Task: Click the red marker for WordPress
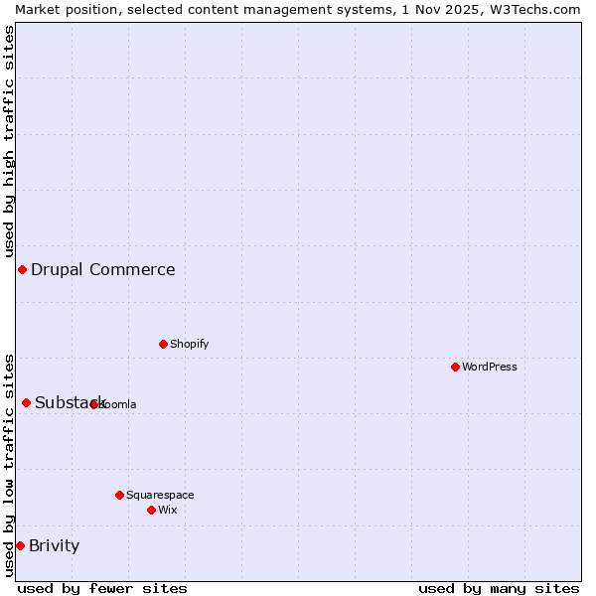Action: click(x=455, y=367)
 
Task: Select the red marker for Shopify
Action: click(x=163, y=344)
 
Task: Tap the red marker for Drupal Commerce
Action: click(x=22, y=269)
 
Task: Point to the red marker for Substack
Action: click(x=26, y=402)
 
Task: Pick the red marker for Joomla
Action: click(x=93, y=404)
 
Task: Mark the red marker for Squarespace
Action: click(x=119, y=495)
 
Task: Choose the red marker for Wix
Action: click(x=151, y=510)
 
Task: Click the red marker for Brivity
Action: click(x=20, y=545)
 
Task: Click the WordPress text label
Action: click(x=490, y=367)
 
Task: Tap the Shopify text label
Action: click(x=189, y=344)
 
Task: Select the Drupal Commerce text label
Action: click(x=102, y=269)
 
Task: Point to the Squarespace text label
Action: click(x=160, y=495)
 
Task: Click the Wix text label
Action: click(x=167, y=510)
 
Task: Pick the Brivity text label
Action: click(x=54, y=545)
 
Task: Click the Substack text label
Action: click(x=70, y=402)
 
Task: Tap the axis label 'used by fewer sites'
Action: click(x=102, y=588)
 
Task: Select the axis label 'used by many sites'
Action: click(x=499, y=588)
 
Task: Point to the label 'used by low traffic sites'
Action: click(x=9, y=464)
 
